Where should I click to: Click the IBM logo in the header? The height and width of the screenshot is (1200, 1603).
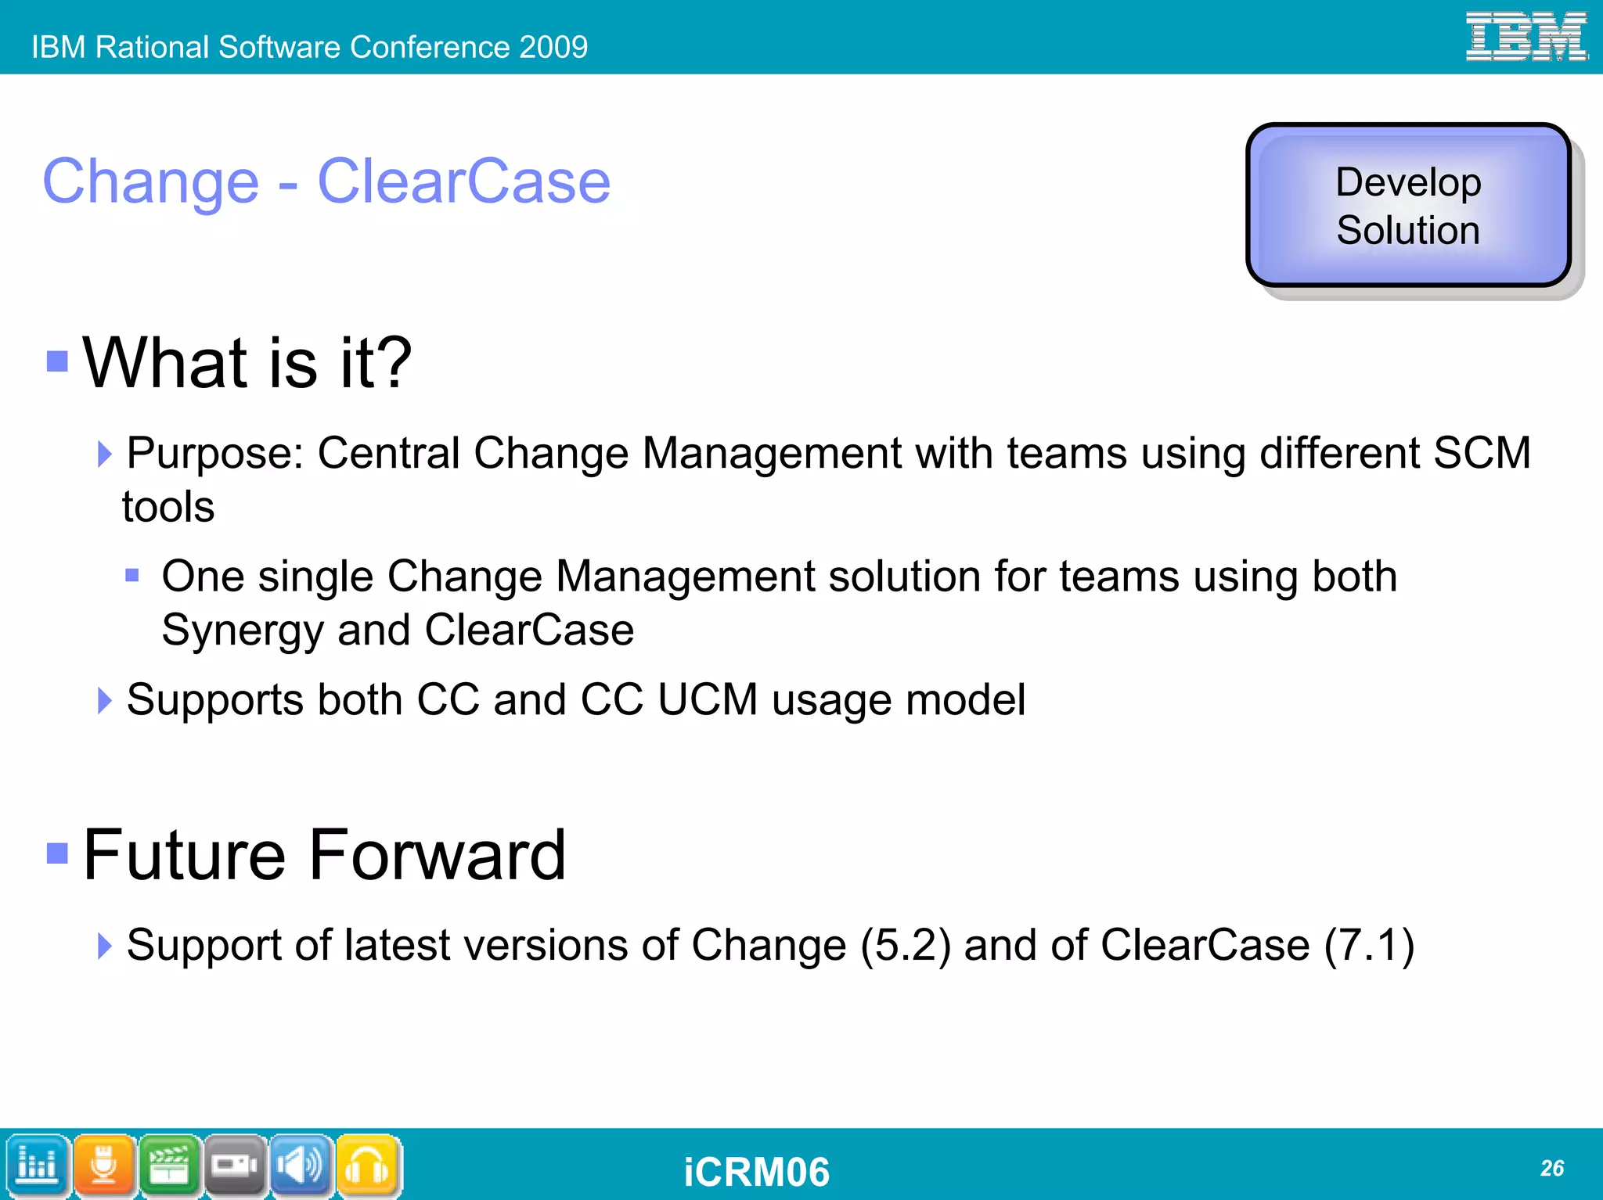1526,37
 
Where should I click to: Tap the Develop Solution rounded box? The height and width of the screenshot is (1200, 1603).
1408,206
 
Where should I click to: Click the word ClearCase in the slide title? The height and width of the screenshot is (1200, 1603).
463,181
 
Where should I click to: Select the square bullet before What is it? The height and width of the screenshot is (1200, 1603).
57,361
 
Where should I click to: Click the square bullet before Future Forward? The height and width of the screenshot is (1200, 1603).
57,853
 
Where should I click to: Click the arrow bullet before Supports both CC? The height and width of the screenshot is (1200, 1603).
105,700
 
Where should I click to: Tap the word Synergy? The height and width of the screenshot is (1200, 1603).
242,631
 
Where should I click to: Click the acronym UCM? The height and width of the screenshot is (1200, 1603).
708,699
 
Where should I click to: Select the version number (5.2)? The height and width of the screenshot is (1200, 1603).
906,945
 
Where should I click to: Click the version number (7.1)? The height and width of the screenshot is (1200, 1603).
1369,945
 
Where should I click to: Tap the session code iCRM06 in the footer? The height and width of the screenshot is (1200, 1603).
756,1172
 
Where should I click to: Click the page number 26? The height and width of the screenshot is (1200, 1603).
1551,1168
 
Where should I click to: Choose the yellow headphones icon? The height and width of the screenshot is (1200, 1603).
367,1166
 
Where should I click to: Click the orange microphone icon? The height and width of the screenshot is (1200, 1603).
104,1166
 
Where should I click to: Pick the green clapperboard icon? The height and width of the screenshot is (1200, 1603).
170,1166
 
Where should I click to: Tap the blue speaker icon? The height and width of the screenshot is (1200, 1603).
301,1166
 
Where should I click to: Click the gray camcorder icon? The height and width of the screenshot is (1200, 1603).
235,1166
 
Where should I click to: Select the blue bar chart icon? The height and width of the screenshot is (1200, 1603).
37,1166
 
